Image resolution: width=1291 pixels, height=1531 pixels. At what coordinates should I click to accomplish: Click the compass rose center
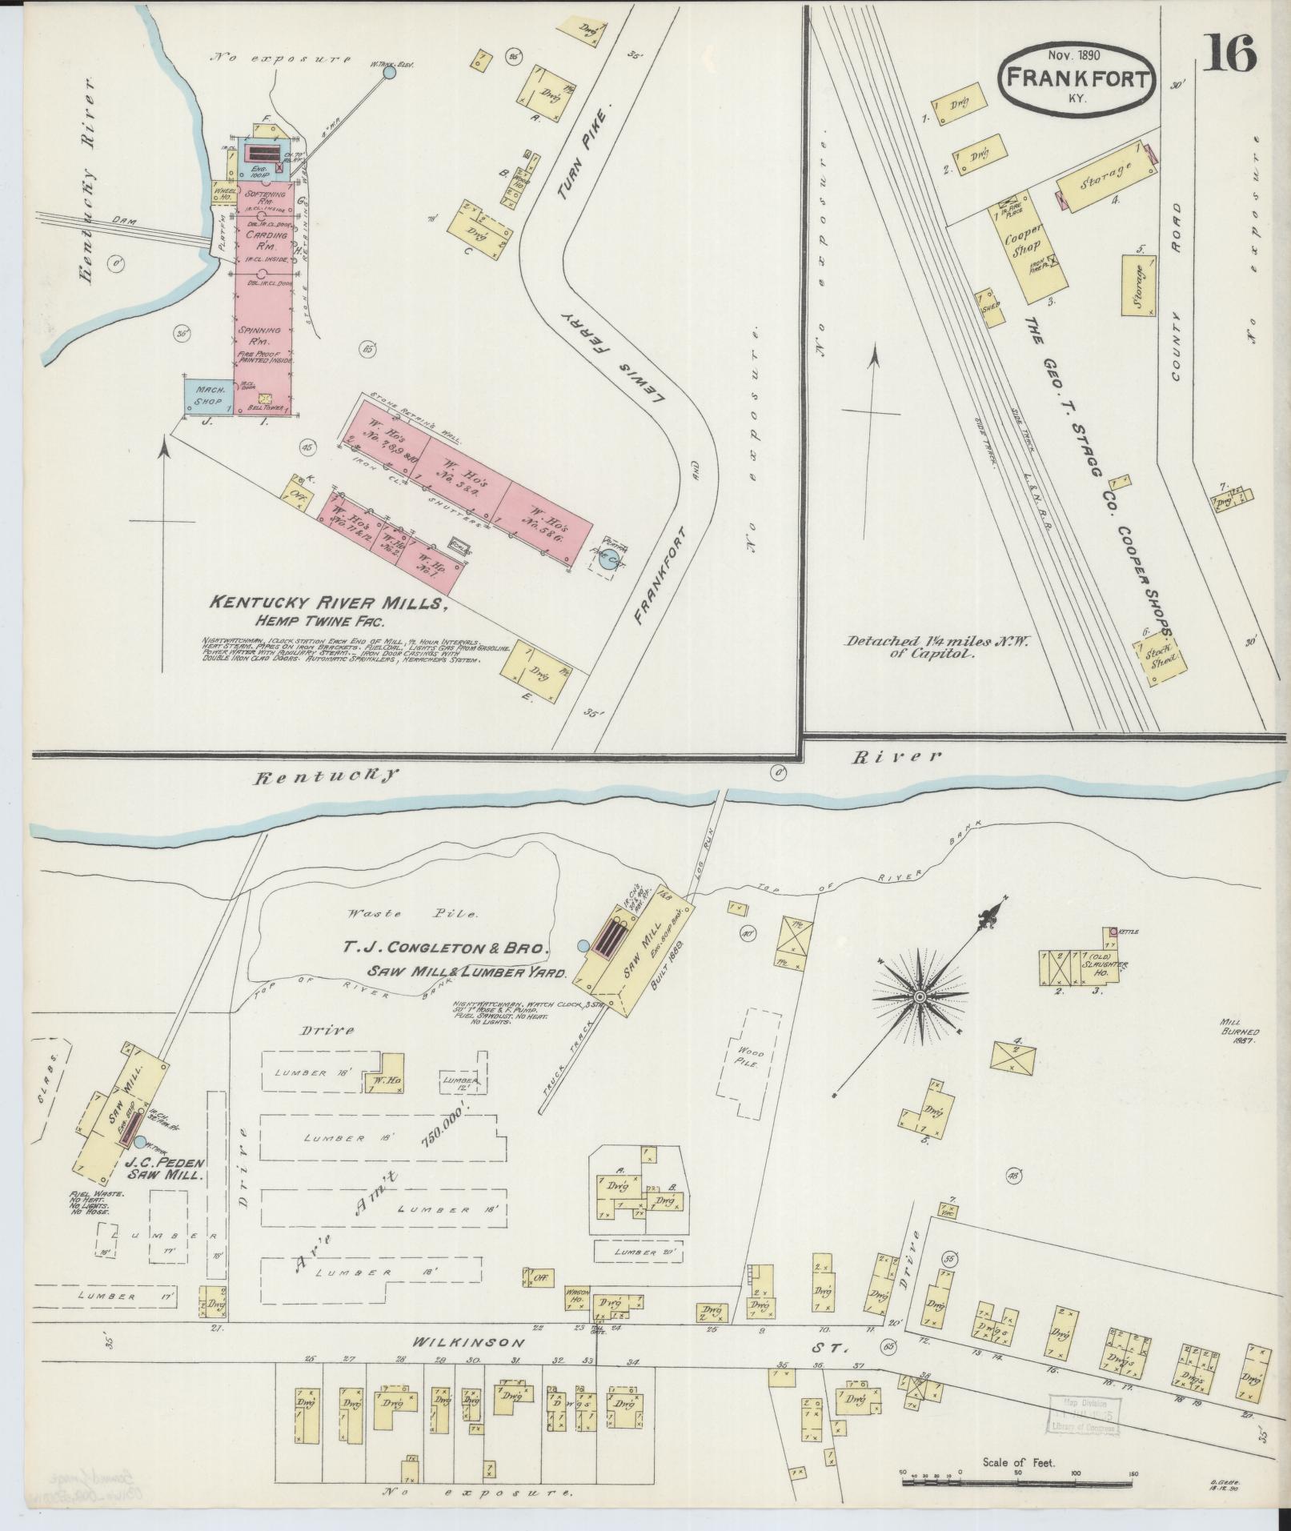point(920,996)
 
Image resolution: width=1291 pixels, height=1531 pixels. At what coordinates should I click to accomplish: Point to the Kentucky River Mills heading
point(327,603)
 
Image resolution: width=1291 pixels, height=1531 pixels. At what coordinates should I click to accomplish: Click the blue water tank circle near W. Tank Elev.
point(389,73)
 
